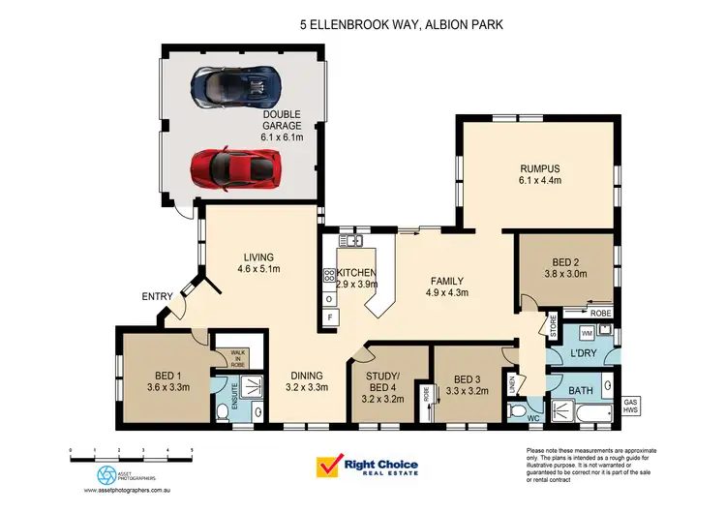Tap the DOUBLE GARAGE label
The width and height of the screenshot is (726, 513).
(x=282, y=126)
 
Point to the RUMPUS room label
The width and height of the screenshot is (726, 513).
(x=539, y=170)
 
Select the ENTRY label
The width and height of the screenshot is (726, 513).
(x=157, y=297)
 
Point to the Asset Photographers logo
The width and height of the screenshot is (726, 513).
(x=106, y=475)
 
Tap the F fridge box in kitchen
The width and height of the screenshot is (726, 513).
(x=330, y=317)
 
